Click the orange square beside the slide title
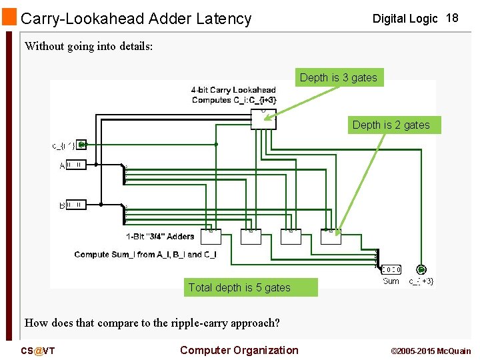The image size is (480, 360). click(9, 17)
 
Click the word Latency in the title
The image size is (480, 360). click(221, 19)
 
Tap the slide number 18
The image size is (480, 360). click(452, 18)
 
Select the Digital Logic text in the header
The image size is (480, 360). click(405, 19)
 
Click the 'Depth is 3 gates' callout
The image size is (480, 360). click(338, 78)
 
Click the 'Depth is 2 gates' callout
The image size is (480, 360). click(391, 125)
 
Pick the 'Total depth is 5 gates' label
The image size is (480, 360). click(239, 288)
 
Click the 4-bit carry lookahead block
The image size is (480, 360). click(263, 119)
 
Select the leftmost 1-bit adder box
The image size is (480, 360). click(210, 237)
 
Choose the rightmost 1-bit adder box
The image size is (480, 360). click(331, 237)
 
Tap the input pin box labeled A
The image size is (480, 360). click(76, 165)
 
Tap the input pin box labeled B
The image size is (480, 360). click(76, 205)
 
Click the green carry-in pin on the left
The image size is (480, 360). click(81, 144)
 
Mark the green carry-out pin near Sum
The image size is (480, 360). click(421, 270)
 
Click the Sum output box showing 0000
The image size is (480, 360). click(391, 270)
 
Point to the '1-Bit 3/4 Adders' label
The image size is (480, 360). click(160, 237)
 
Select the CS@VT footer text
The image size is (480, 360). click(37, 351)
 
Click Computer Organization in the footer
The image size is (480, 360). click(239, 351)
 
